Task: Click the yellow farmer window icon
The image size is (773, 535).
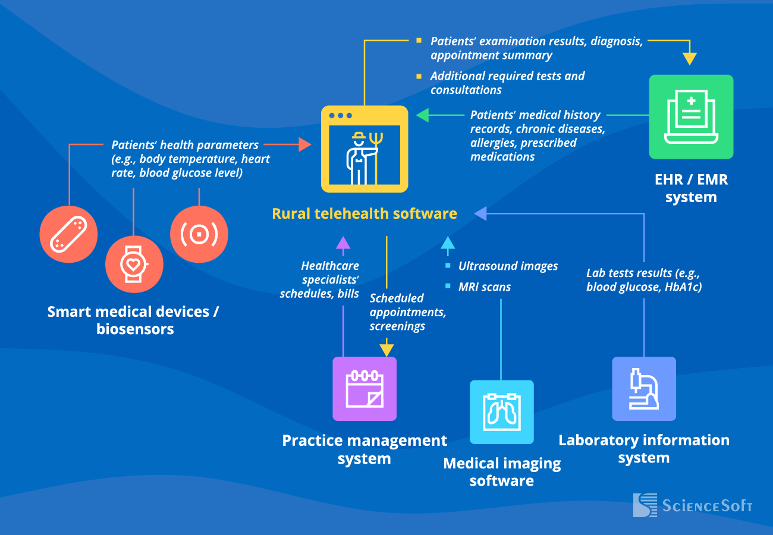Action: coord(364,149)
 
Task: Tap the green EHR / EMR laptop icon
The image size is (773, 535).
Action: coord(691,117)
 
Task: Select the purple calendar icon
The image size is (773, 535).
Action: coord(364,389)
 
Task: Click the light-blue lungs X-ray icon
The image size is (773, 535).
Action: coord(502,412)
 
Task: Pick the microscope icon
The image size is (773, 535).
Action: coord(644,389)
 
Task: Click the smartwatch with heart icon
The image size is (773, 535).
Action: coord(134,264)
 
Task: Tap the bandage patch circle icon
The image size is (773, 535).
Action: coord(68,234)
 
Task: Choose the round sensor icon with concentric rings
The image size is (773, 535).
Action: coord(199,234)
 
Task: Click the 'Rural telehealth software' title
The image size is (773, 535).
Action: coord(364,213)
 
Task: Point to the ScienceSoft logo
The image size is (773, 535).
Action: coord(693,505)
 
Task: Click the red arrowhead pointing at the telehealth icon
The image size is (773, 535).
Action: coord(305,144)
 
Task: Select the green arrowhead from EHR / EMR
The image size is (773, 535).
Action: coord(422,115)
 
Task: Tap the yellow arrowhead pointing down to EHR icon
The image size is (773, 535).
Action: coord(689,59)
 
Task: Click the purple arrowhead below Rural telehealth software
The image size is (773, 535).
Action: coord(343,242)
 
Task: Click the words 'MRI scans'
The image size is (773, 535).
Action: coord(484,287)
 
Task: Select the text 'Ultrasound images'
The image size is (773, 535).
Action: coord(508,266)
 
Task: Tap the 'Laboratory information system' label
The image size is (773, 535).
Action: coord(644,449)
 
